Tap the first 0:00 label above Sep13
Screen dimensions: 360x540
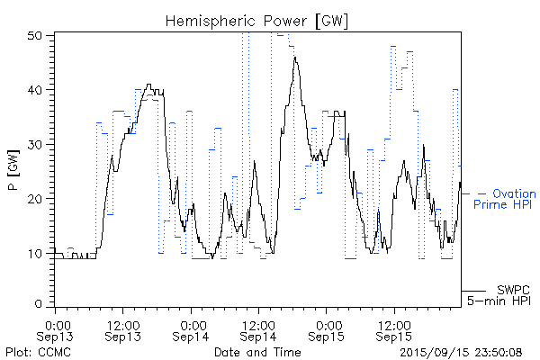point(56,323)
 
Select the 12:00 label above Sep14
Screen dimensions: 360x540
point(257,323)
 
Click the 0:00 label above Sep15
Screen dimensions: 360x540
point(327,323)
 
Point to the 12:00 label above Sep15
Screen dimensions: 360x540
point(393,323)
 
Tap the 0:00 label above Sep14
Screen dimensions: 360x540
point(191,323)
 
